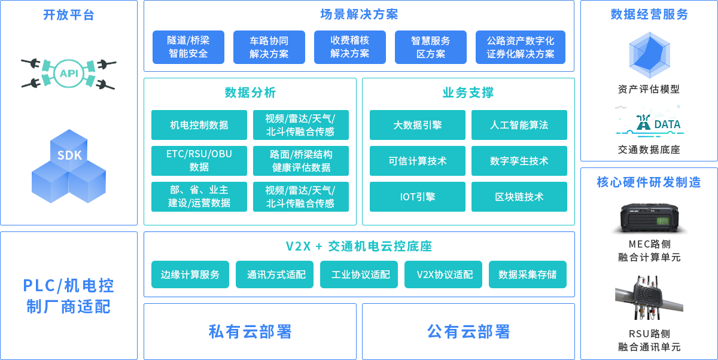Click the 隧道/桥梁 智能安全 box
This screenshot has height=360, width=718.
point(188,47)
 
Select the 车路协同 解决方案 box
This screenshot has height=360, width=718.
point(269,47)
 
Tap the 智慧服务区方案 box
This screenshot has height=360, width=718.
point(431,47)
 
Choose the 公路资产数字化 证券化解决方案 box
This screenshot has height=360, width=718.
point(521,47)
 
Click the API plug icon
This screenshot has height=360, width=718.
point(69,74)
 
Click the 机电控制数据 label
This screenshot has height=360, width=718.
point(199,125)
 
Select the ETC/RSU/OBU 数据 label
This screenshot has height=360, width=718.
point(199,160)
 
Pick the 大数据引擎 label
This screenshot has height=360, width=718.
point(418,125)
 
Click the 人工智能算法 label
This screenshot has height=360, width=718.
point(519,125)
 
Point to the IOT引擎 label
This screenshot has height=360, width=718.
point(418,197)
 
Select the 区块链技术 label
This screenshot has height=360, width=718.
point(519,197)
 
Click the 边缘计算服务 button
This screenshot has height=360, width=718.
point(190,274)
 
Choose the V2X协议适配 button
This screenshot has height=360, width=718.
point(445,274)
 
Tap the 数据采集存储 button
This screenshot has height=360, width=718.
point(528,274)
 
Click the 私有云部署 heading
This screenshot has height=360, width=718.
point(250,331)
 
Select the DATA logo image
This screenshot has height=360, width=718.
point(649,121)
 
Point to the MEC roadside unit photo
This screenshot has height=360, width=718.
point(649,219)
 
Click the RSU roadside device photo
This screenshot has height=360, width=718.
point(649,298)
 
